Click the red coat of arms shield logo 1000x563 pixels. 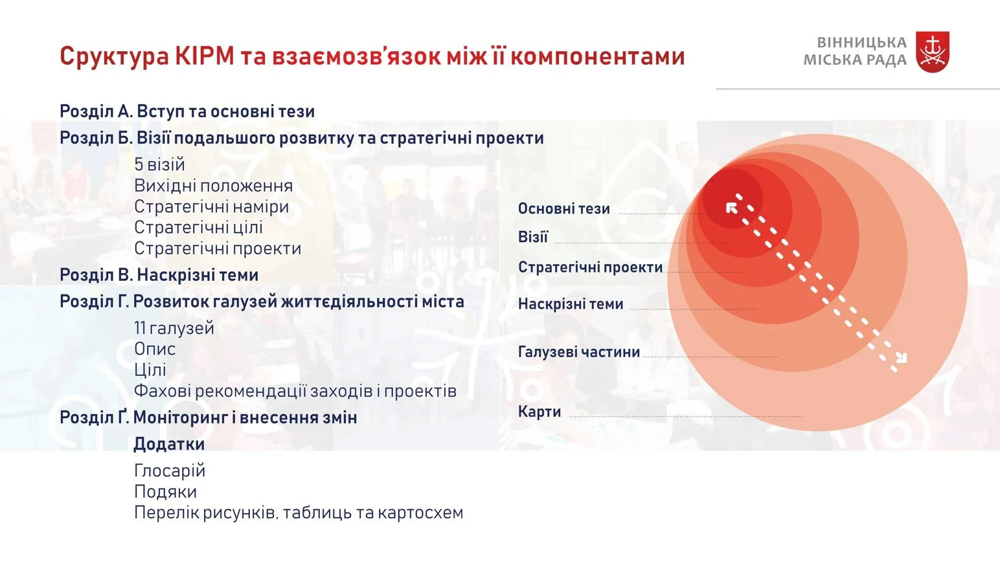click(x=933, y=52)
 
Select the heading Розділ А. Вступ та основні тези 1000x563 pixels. click(x=187, y=111)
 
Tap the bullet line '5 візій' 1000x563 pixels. click(x=159, y=164)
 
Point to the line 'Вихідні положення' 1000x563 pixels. click(x=213, y=186)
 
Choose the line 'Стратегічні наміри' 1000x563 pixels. click(x=212, y=206)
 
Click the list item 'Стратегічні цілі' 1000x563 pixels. click(x=198, y=228)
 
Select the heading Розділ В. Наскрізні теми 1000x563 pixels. click(x=159, y=275)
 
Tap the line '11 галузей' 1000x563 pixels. click(x=174, y=328)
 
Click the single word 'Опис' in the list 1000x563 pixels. click(x=154, y=349)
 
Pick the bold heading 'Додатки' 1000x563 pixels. click(x=169, y=445)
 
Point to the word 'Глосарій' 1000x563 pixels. click(x=170, y=470)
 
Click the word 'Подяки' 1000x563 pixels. click(x=165, y=492)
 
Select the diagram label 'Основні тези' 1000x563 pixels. click(x=564, y=208)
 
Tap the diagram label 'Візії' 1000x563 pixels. click(x=532, y=236)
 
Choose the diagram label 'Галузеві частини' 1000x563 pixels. click(x=579, y=352)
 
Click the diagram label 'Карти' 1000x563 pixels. click(x=540, y=412)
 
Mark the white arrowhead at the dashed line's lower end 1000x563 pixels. click(x=902, y=358)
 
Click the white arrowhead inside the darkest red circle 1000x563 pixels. click(x=731, y=208)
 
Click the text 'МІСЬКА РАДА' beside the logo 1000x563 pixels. click(x=855, y=60)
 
